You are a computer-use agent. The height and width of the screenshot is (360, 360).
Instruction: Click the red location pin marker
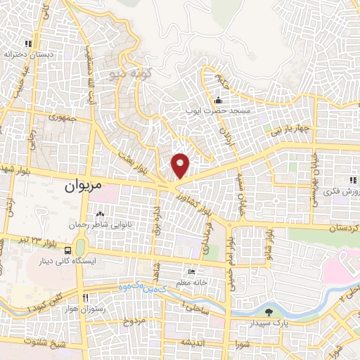[x=181, y=165]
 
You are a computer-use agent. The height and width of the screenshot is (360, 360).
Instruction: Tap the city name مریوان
[x=84, y=186]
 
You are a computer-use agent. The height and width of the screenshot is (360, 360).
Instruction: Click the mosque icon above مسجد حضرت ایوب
[x=218, y=99]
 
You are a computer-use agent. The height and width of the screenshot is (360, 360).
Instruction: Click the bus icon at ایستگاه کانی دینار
[x=67, y=250]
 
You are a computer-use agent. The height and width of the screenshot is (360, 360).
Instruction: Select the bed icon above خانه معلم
[x=191, y=272]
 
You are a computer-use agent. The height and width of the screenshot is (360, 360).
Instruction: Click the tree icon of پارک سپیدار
[x=269, y=312]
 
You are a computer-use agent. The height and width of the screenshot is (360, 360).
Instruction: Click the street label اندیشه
[x=193, y=342]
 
